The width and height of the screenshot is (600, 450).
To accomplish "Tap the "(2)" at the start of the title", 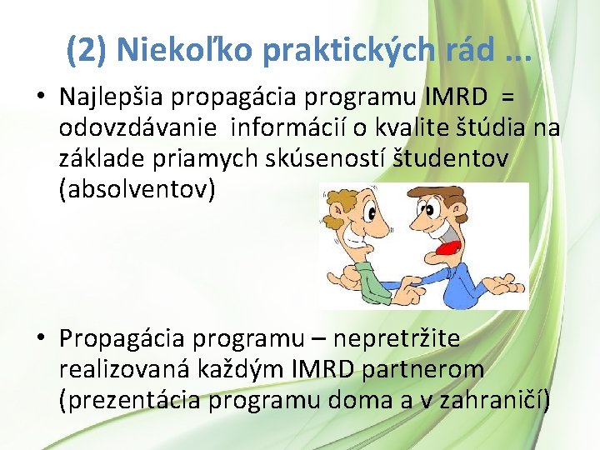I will point(87,51).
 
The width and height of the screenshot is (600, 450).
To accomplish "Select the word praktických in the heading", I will point(348,51).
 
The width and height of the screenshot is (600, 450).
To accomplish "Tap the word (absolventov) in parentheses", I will point(137,190).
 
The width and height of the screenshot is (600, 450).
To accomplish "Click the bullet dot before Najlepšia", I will point(40,97).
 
